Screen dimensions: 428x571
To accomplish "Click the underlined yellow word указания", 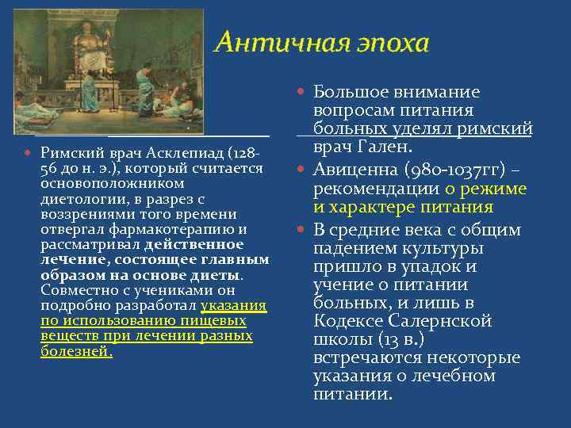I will pos(233,306).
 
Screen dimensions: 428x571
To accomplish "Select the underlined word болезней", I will pos(75,352).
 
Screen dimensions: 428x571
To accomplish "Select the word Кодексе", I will pos(350,321).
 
